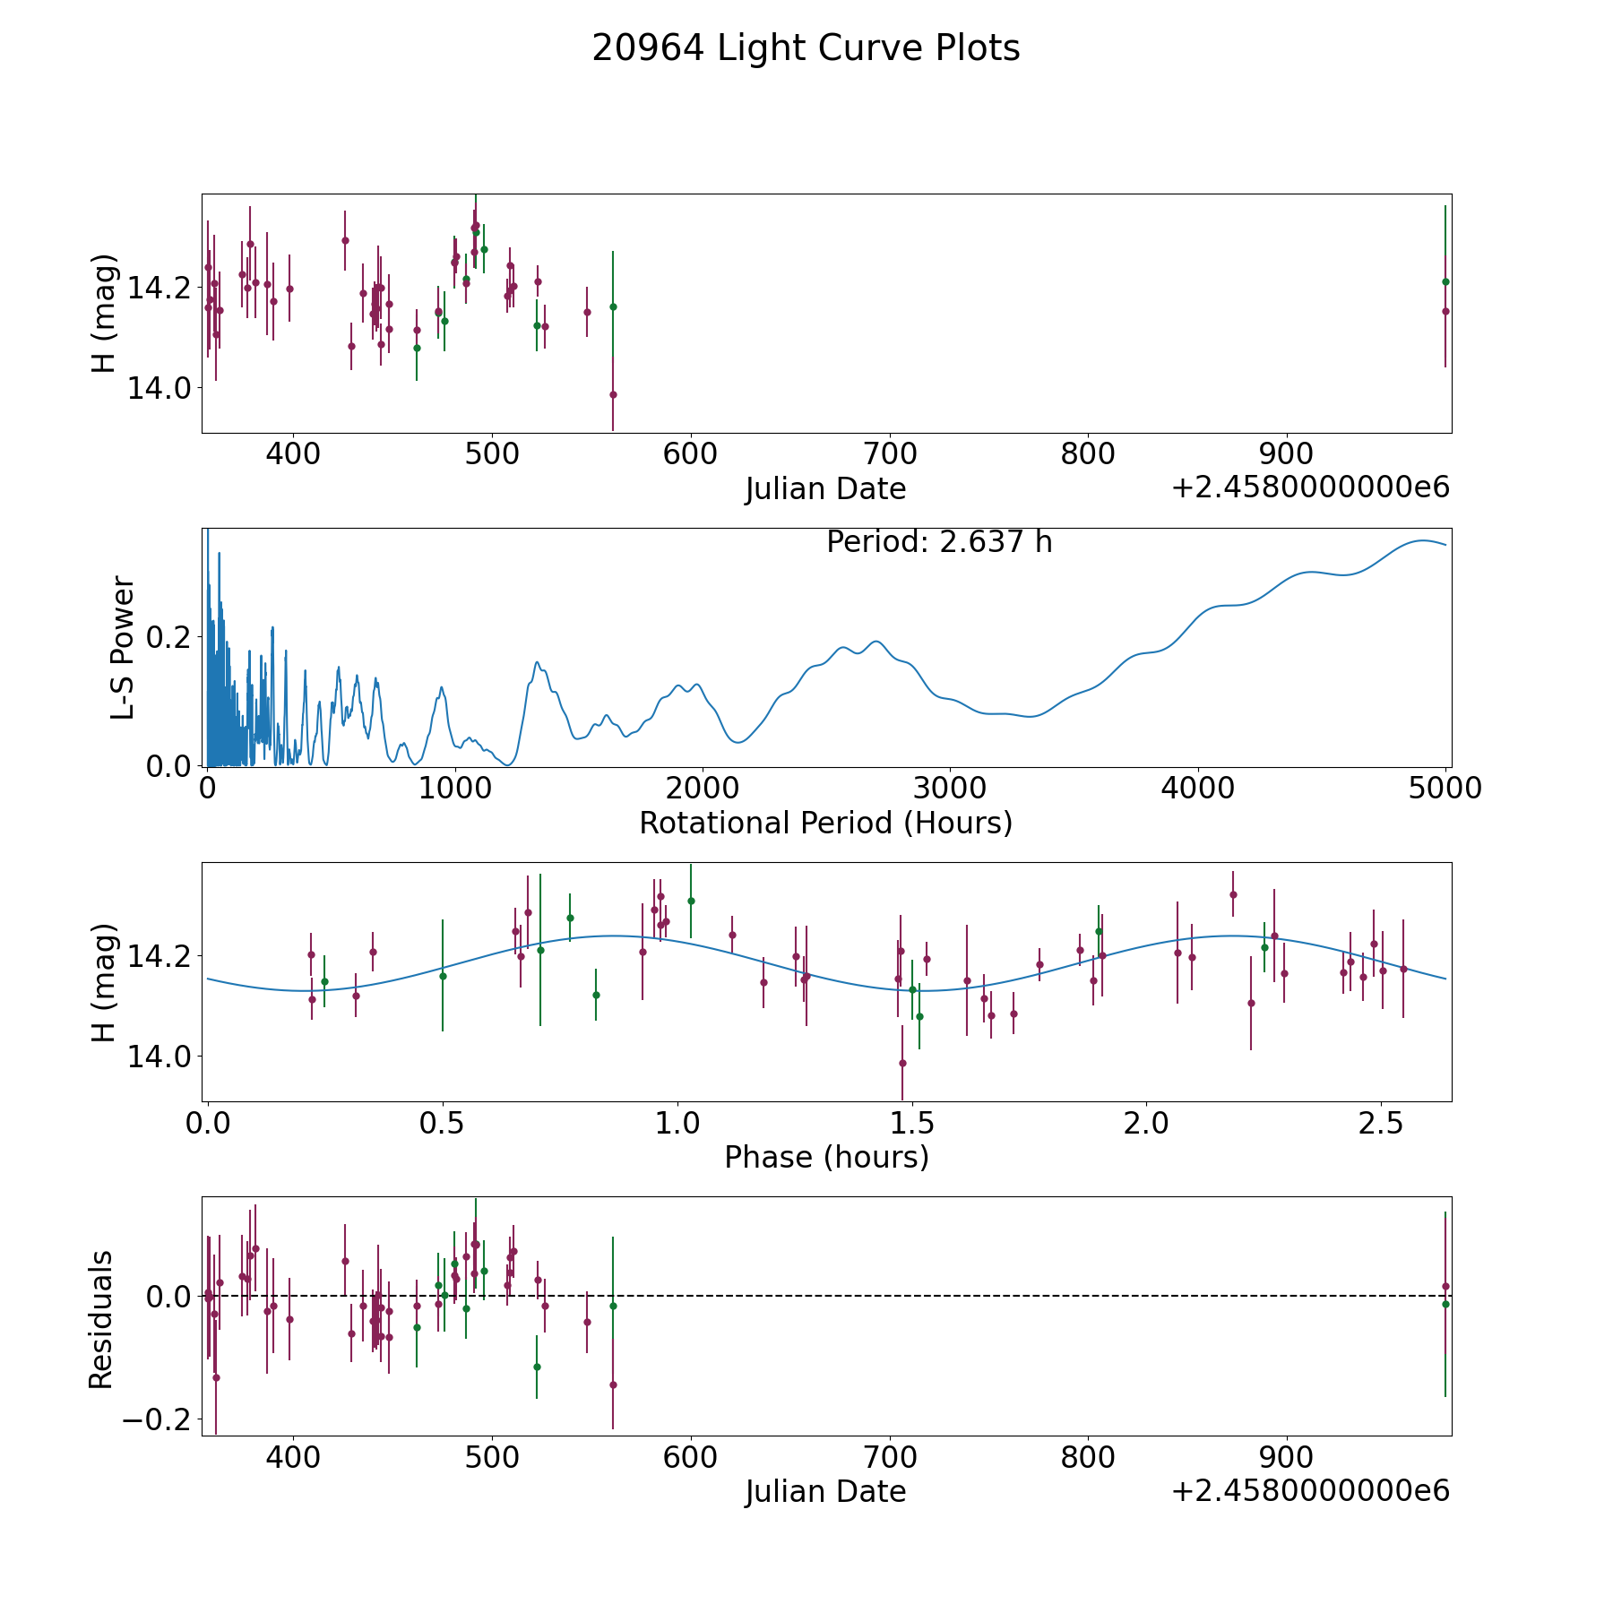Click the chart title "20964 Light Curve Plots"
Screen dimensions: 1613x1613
click(806, 48)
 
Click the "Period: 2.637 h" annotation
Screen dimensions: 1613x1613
click(939, 542)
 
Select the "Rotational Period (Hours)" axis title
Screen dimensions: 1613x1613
click(825, 823)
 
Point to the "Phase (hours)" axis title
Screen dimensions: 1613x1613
click(826, 1158)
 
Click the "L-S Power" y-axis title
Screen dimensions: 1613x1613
click(124, 647)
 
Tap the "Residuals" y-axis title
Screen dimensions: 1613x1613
click(100, 1319)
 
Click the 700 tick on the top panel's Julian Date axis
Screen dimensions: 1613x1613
click(889, 454)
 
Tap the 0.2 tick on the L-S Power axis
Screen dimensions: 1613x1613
click(168, 638)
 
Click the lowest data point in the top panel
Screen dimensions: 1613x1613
click(613, 394)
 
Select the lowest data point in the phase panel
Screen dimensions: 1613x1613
click(902, 1063)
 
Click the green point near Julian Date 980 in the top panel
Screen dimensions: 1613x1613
click(1445, 281)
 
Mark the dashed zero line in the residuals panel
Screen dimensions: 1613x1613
click(826, 1296)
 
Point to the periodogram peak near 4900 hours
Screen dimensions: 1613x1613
click(1421, 540)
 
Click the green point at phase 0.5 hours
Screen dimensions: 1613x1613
click(443, 976)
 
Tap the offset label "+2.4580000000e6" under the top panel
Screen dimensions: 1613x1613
click(1310, 487)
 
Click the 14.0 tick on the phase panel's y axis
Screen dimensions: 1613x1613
click(159, 1057)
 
